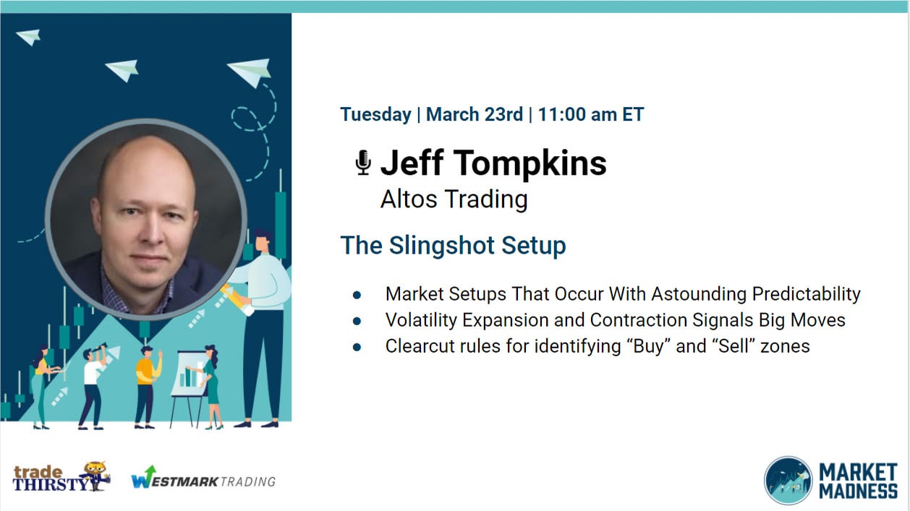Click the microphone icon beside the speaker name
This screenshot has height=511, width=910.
pyautogui.click(x=362, y=163)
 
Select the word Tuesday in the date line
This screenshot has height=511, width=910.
pyautogui.click(x=375, y=114)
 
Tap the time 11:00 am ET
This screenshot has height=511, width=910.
pyautogui.click(x=590, y=114)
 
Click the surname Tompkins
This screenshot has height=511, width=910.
pyautogui.click(x=531, y=163)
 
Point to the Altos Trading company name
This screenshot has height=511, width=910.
pyautogui.click(x=454, y=199)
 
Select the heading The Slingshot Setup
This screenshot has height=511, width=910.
pyautogui.click(x=453, y=245)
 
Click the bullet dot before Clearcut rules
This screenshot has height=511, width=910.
pyautogui.click(x=357, y=346)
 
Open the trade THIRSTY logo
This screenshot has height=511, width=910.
pyautogui.click(x=61, y=478)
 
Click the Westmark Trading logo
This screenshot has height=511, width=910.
pyautogui.click(x=203, y=480)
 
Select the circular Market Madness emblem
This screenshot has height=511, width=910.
pyautogui.click(x=788, y=480)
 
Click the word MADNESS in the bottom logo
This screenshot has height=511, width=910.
pyautogui.click(x=858, y=491)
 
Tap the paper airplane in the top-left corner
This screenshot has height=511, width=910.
pyautogui.click(x=28, y=36)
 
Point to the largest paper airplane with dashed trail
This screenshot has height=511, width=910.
pyautogui.click(x=250, y=71)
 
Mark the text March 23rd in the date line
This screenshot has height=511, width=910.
pyautogui.click(x=474, y=114)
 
